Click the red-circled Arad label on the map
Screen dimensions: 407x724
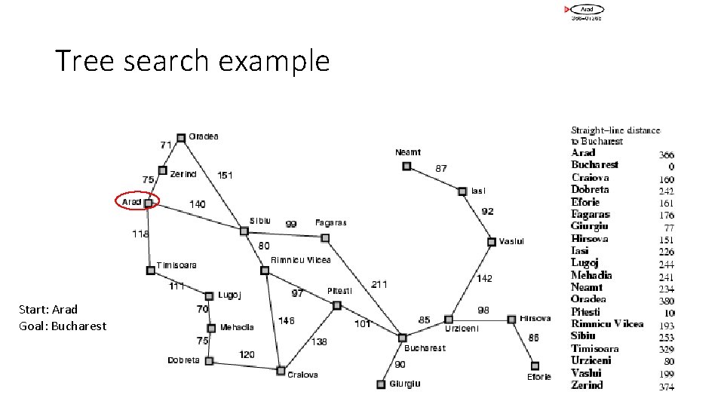pyautogui.click(x=132, y=202)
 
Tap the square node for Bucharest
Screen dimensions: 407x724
pyautogui.click(x=402, y=338)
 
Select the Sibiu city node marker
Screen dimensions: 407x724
pyautogui.click(x=244, y=231)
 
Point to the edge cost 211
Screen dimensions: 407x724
pyautogui.click(x=379, y=284)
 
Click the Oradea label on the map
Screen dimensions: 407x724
pyautogui.click(x=204, y=136)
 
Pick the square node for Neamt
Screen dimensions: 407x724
pyautogui.click(x=406, y=166)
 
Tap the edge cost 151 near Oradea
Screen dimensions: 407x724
pyautogui.click(x=225, y=175)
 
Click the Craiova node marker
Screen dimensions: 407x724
pyautogui.click(x=280, y=370)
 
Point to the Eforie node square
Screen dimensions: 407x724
pyautogui.click(x=535, y=366)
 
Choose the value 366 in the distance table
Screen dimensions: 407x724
pyautogui.click(x=667, y=154)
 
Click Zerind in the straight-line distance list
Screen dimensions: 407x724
pyautogui.click(x=587, y=385)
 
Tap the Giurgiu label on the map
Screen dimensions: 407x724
pyautogui.click(x=405, y=384)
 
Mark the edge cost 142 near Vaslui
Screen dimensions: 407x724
pyautogui.click(x=483, y=279)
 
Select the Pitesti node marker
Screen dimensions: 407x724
pyautogui.click(x=336, y=305)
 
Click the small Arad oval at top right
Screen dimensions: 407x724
pyautogui.click(x=587, y=10)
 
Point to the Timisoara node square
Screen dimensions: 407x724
pyautogui.click(x=150, y=271)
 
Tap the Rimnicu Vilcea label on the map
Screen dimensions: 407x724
pyautogui.click(x=300, y=260)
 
